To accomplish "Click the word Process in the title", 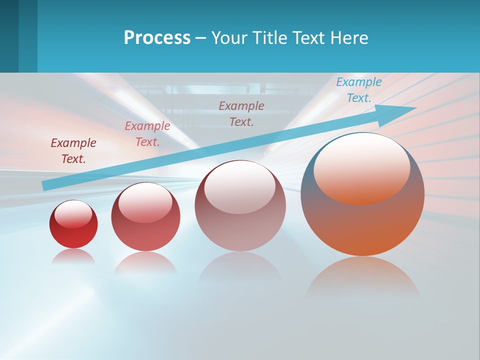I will [157, 38].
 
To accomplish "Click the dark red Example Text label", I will [73, 151].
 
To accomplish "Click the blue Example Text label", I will [358, 90].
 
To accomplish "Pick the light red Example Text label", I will [147, 134].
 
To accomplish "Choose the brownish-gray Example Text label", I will [241, 113].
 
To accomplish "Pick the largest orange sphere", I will [362, 220].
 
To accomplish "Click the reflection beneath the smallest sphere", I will [73, 256].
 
